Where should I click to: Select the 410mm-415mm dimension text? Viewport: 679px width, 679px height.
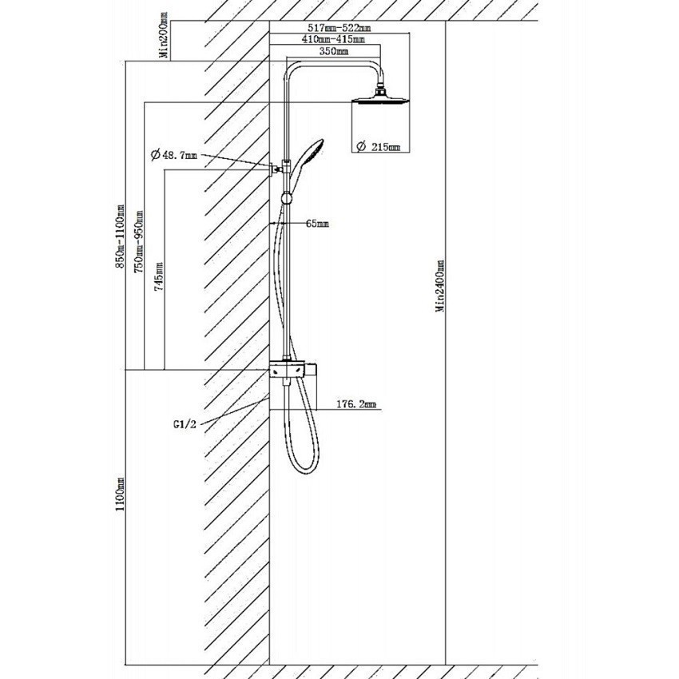tap(334, 39)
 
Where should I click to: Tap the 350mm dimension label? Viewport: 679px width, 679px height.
tap(333, 51)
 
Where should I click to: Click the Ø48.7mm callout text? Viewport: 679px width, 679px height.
tap(174, 155)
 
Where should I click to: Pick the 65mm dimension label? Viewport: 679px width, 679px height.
tap(317, 224)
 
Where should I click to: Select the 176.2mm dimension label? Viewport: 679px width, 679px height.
tap(356, 404)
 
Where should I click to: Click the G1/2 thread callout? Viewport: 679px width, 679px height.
tap(185, 425)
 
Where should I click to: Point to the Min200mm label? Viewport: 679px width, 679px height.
tap(164, 36)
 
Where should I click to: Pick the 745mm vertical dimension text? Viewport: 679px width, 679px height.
tap(160, 276)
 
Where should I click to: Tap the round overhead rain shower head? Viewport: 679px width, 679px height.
tap(381, 98)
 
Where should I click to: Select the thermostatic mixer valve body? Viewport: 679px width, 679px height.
tap(292, 370)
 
